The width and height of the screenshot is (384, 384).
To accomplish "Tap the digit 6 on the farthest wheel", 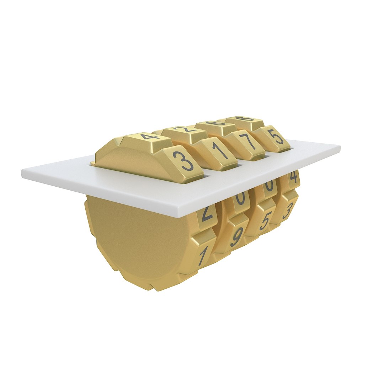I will point(245,119).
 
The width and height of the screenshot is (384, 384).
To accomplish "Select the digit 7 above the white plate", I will point(250,142).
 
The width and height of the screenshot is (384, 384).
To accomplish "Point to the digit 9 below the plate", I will point(237,236).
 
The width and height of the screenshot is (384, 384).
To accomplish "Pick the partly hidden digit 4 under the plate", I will point(294,177).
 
